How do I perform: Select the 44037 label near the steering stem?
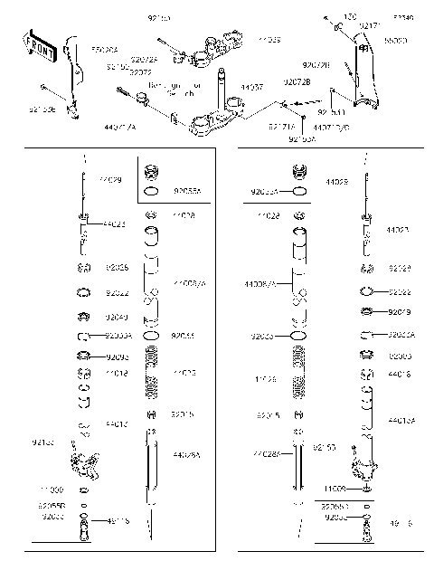pos(251,88)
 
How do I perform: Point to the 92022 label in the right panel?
pos(401,292)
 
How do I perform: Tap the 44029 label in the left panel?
pos(109,181)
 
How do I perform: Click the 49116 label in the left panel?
pos(118,520)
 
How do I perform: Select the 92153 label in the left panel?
pos(42,442)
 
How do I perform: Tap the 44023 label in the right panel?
pos(398,231)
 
